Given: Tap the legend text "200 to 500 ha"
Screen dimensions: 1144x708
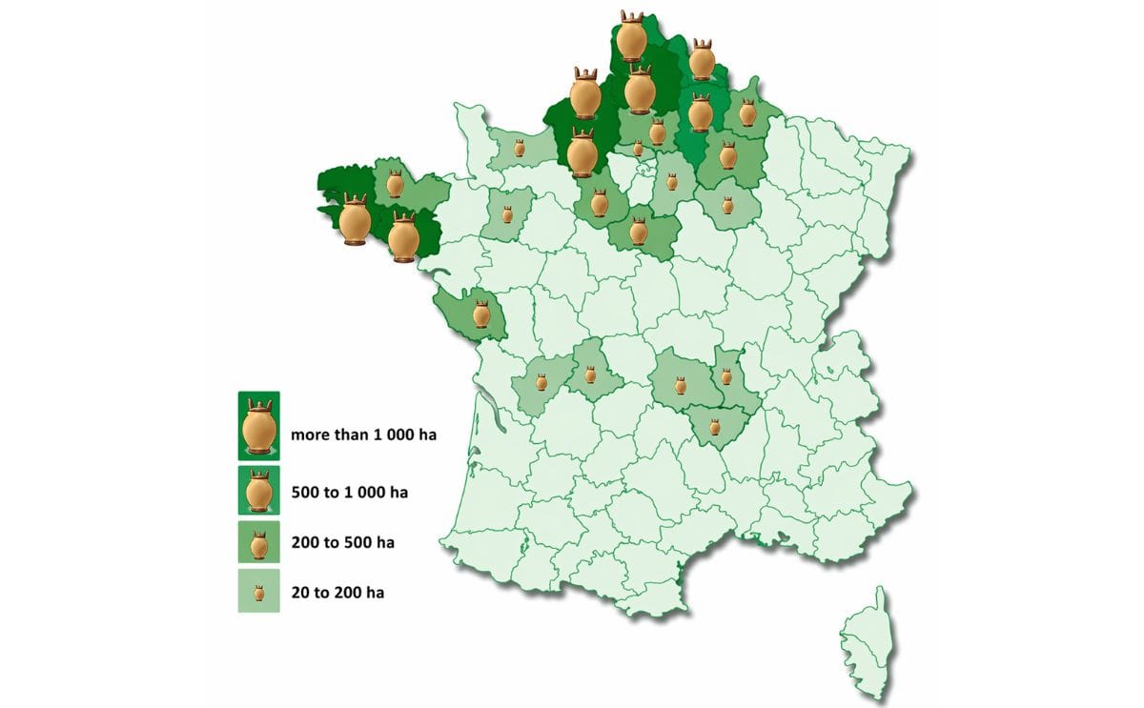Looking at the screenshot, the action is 342,543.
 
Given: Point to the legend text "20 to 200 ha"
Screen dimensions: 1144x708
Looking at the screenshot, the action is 337,593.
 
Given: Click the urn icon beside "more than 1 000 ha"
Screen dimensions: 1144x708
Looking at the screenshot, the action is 258,426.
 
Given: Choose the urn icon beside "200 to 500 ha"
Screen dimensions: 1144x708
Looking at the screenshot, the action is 258,544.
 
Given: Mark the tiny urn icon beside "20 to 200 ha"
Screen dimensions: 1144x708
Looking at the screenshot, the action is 258,593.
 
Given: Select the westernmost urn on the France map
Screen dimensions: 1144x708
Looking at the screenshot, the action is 355,221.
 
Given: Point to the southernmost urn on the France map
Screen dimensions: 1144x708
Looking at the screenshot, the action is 715,426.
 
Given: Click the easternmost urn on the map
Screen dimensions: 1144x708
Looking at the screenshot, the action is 748,112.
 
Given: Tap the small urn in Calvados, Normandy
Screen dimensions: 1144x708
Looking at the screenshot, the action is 520,148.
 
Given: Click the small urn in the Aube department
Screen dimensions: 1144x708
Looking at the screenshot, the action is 727,205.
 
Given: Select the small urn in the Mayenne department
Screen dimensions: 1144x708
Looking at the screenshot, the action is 507,213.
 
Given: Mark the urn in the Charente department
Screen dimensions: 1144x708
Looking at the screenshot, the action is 541,382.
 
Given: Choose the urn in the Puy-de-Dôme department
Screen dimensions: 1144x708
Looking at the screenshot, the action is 681,385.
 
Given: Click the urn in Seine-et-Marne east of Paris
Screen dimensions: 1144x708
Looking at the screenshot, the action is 672,181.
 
